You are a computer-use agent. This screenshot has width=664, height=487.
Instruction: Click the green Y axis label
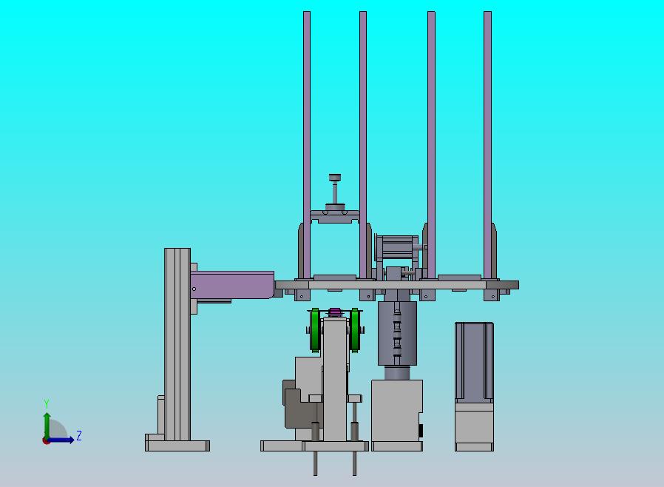click(x=47, y=403)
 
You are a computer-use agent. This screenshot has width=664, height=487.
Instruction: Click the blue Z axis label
click(x=79, y=435)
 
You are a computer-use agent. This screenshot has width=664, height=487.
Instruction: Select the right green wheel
click(x=355, y=330)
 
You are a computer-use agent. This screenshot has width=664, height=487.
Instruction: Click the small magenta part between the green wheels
click(x=335, y=312)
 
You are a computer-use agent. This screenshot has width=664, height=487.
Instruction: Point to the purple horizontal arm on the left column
click(x=232, y=285)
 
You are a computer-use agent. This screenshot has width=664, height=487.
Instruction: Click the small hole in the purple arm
click(x=194, y=289)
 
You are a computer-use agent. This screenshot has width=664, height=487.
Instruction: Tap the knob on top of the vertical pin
click(x=335, y=177)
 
